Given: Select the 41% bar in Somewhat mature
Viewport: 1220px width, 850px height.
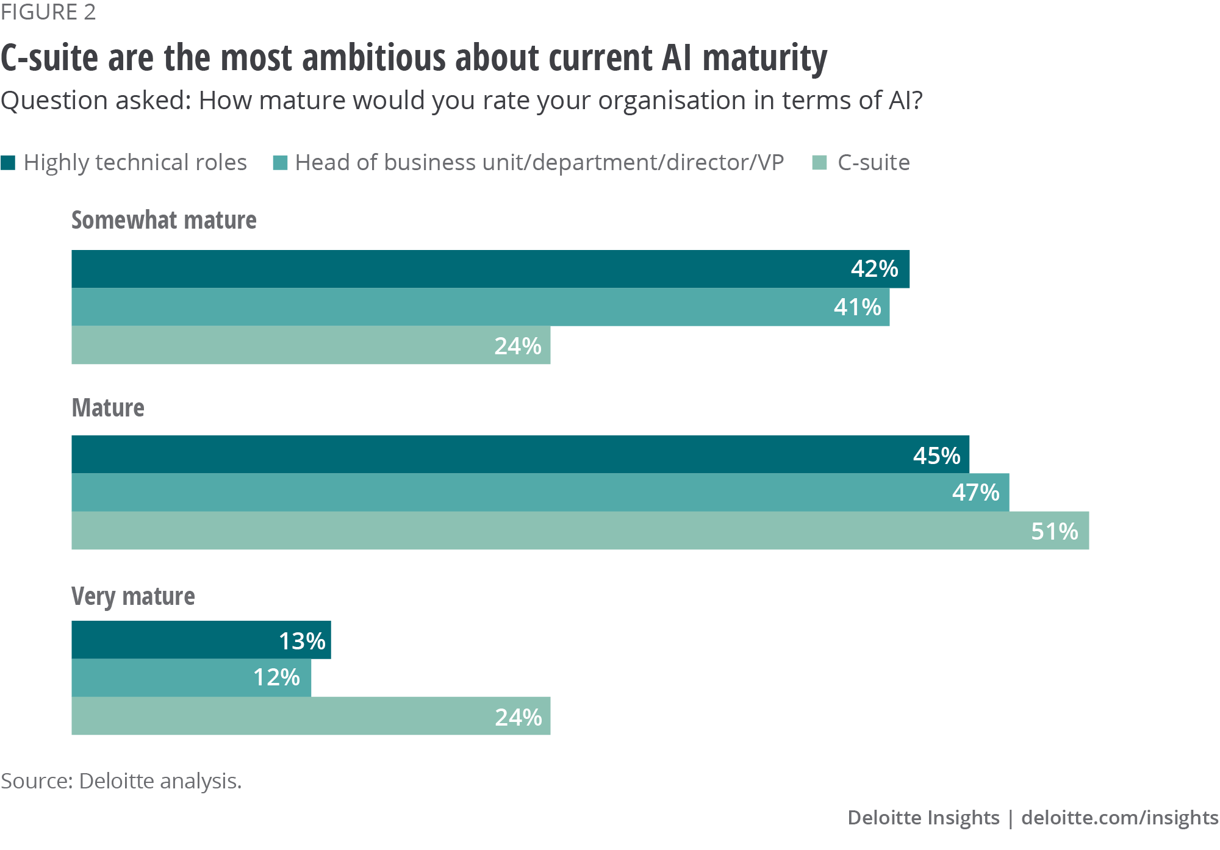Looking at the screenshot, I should [x=481, y=307].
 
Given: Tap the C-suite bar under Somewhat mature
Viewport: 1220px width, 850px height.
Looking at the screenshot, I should [x=311, y=346].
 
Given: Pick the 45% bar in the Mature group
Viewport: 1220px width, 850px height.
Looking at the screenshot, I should [x=520, y=454].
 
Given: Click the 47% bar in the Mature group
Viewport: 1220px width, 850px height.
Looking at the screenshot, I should [x=540, y=493].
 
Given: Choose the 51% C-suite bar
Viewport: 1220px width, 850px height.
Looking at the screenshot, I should [x=580, y=530].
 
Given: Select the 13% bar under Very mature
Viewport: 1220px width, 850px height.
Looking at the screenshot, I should [x=201, y=640].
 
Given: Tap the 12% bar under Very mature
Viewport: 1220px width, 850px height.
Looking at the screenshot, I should [x=192, y=678].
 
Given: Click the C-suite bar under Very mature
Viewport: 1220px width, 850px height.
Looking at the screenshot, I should [x=311, y=716].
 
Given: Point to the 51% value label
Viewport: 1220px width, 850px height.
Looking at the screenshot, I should [x=1054, y=531].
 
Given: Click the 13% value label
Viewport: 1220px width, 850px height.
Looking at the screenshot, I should [x=302, y=641].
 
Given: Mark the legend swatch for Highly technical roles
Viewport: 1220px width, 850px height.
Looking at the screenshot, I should [x=8, y=163].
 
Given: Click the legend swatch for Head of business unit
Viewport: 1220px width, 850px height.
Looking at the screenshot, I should [x=280, y=163].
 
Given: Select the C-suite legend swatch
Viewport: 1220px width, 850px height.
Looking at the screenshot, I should [x=820, y=163].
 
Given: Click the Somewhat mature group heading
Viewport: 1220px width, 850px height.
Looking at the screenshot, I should [x=163, y=220].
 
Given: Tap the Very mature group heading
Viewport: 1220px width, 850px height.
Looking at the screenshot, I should [x=133, y=596].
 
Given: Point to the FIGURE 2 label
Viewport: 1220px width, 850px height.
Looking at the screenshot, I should [x=48, y=12].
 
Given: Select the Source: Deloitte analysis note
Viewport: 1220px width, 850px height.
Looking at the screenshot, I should [x=121, y=781].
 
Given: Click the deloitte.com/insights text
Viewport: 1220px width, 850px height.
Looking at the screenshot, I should [x=1119, y=817].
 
